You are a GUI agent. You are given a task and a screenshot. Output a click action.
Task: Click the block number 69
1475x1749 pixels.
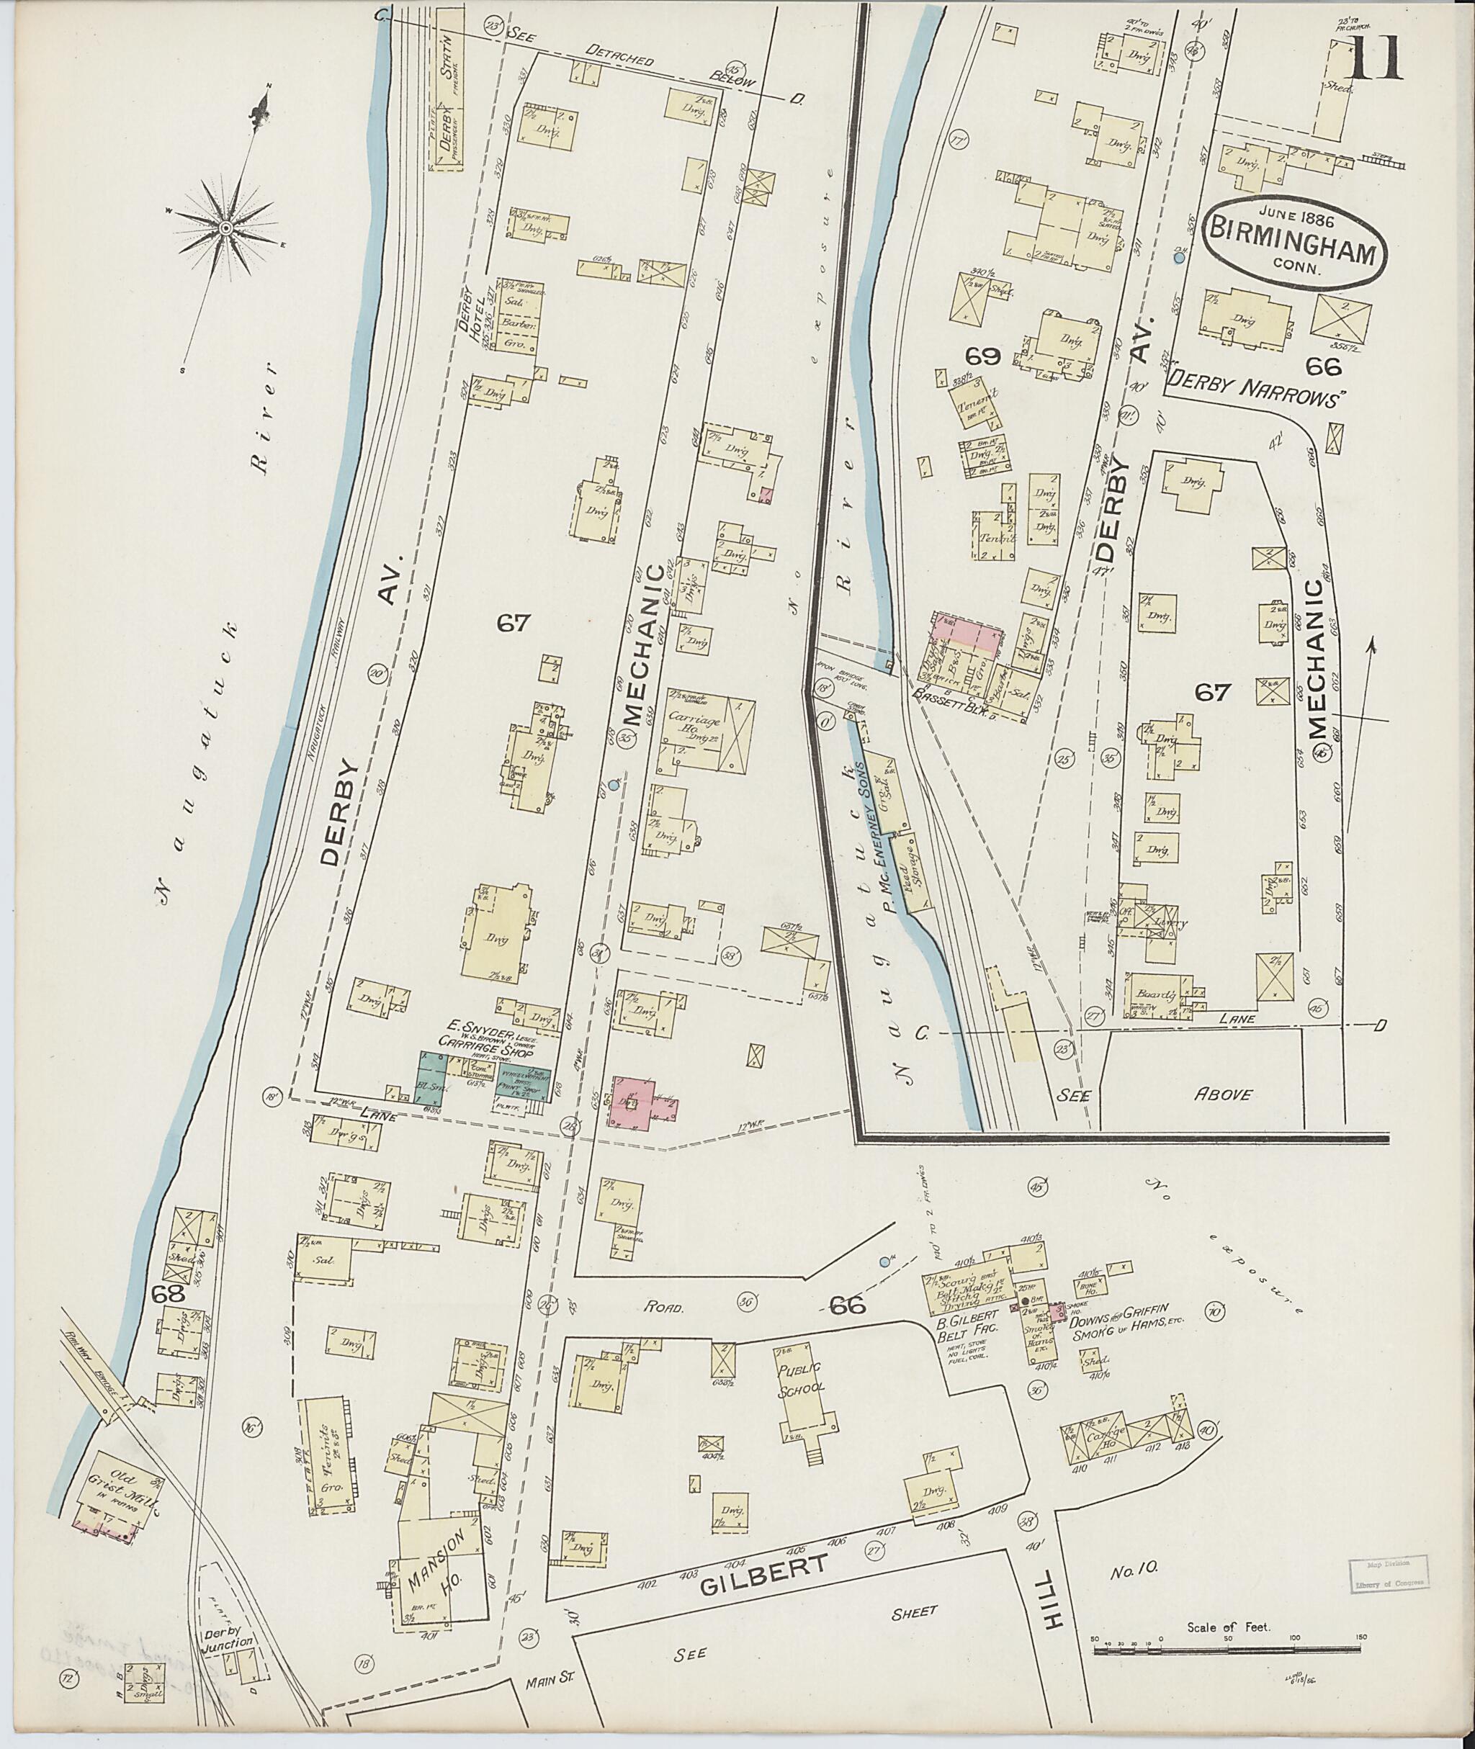[982, 357]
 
